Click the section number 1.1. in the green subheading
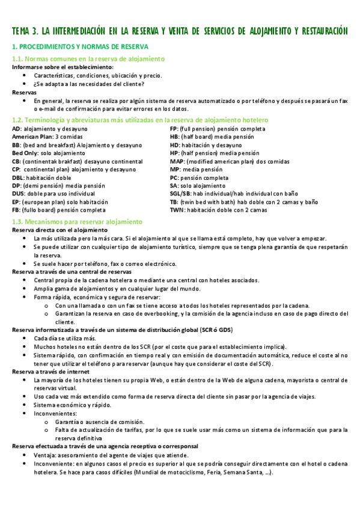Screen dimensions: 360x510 pos(20,59)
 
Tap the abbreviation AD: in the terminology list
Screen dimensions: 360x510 pos(17,129)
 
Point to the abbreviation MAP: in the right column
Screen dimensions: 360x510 pos(177,161)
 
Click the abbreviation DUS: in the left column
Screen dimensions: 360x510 pos(19,194)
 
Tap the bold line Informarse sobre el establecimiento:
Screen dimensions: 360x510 pos(63,67)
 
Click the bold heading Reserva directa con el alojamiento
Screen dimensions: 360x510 pos(59,230)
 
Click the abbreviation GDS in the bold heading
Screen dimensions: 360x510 pos(225,331)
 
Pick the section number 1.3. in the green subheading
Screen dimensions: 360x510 pos(20,222)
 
